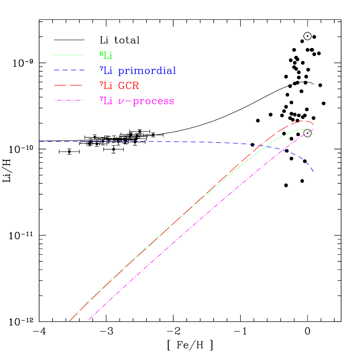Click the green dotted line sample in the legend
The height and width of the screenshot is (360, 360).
[69, 55]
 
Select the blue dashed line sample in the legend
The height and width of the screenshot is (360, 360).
[69, 70]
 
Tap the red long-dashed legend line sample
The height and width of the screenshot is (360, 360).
[69, 85]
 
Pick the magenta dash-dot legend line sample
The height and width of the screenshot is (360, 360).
[69, 101]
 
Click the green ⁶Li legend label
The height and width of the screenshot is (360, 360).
[106, 55]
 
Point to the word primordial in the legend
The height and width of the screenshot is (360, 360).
[147, 71]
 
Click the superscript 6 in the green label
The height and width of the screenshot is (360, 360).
[100, 53]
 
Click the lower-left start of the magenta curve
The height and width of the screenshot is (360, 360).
[87, 321]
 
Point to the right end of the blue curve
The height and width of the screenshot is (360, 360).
[313, 172]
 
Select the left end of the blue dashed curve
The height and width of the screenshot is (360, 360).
[39, 141]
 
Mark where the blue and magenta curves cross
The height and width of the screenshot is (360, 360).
[284, 150]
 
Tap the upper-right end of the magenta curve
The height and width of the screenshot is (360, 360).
[313, 130]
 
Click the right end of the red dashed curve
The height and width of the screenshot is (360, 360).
[313, 125]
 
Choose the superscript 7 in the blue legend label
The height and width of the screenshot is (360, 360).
[100, 68]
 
